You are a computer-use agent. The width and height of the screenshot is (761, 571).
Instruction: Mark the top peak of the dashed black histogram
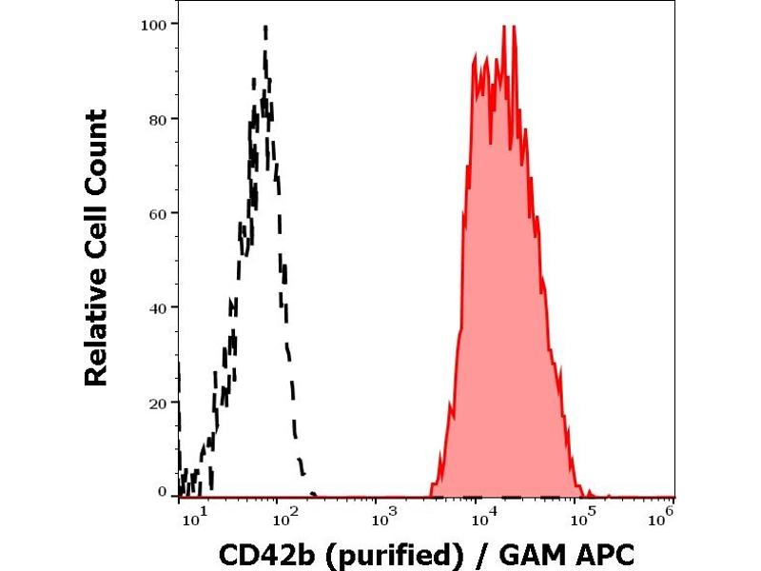(265, 27)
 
